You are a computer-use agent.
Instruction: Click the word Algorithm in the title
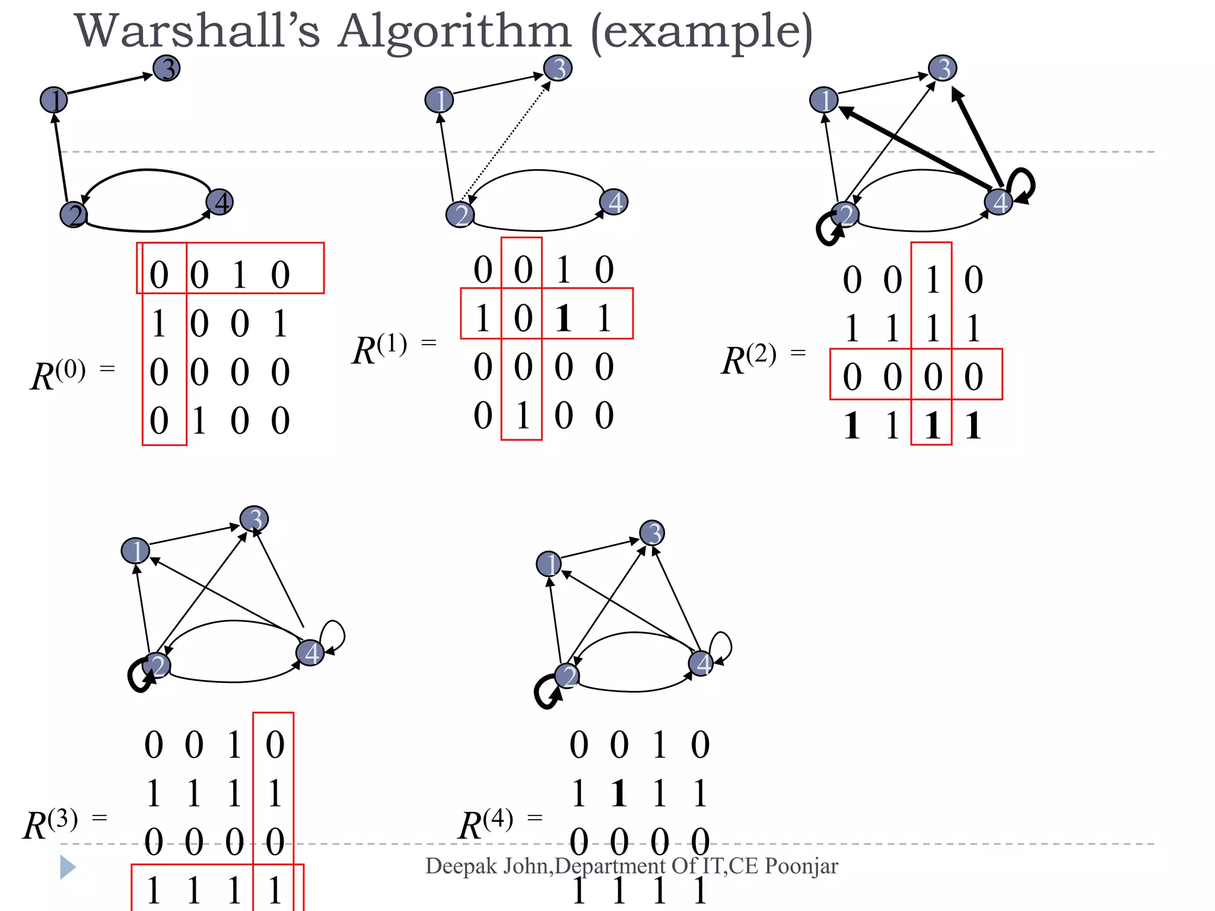(x=454, y=32)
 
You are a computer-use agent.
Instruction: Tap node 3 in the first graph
(x=167, y=68)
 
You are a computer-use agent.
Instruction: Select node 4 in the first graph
(x=220, y=202)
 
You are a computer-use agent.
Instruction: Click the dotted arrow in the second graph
(x=504, y=142)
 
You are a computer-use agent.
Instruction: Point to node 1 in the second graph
(x=439, y=100)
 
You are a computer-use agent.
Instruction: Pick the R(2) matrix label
(x=749, y=359)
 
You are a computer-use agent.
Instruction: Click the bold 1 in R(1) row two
(x=563, y=318)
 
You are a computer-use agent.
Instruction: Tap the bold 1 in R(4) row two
(x=619, y=793)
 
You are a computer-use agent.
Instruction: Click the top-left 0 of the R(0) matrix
(x=158, y=275)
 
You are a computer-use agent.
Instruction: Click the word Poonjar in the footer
(x=801, y=866)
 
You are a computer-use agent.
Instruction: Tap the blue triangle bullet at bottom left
(x=68, y=867)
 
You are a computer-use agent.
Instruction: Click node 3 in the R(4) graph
(x=652, y=533)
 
